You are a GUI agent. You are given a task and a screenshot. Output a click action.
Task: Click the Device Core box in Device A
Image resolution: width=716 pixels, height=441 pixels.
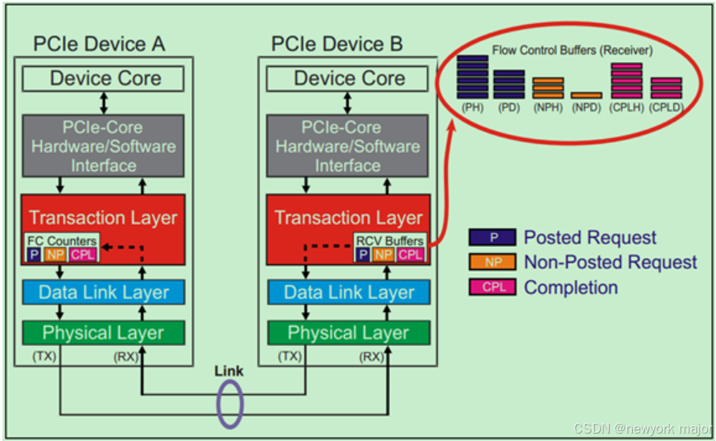point(105,79)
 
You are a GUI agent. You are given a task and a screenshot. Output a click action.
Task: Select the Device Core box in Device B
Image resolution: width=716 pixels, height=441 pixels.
point(349,79)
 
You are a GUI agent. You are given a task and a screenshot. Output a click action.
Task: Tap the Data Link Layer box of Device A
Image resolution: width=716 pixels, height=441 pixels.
point(104,292)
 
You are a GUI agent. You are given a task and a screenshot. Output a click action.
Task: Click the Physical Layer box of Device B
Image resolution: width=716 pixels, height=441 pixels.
point(348,333)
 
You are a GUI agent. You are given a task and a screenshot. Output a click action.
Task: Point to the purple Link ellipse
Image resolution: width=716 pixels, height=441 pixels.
point(228,405)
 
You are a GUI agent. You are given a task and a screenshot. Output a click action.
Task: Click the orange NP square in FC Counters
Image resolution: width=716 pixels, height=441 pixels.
point(55,254)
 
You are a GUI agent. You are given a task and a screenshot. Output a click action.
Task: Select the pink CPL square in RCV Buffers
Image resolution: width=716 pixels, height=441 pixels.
point(410,255)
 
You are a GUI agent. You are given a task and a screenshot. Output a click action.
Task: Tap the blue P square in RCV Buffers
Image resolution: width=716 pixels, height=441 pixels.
point(362,255)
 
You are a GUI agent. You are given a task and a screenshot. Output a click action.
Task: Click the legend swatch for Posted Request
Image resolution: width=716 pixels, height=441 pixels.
point(492,237)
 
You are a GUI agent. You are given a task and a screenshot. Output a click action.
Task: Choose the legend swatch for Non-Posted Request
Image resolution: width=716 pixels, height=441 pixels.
point(492,263)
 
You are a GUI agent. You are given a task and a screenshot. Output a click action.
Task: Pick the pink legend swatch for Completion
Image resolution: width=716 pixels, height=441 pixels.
point(492,287)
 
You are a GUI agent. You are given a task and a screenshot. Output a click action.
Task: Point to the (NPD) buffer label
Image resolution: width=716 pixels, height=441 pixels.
point(586,107)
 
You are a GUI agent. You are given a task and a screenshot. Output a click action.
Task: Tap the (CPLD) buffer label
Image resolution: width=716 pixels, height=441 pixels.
point(666,107)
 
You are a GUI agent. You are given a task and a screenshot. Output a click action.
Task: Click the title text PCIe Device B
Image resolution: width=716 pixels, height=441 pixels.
point(337,44)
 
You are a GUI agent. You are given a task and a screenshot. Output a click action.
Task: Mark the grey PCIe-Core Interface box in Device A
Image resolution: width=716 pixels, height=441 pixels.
point(104,146)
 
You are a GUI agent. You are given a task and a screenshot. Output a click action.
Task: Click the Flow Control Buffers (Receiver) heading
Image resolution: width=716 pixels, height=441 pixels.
point(572,50)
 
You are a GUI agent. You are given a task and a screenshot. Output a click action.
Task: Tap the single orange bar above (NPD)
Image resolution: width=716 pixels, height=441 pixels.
point(586,96)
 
